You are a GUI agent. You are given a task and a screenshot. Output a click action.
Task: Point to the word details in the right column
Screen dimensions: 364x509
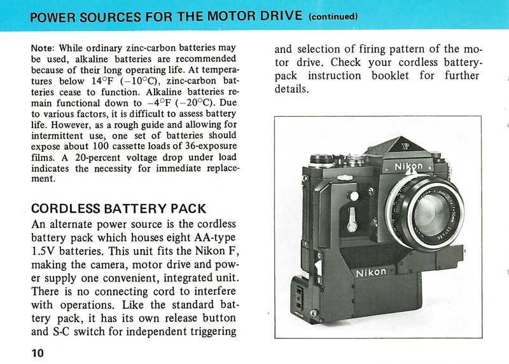coord(291,88)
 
